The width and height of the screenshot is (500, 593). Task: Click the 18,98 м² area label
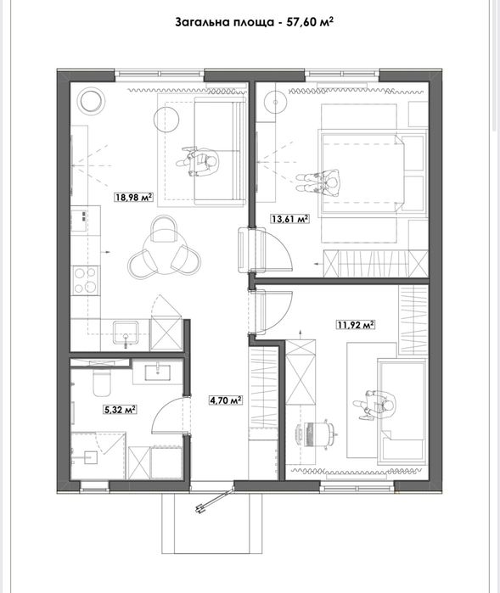134,197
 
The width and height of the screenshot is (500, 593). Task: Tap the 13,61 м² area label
289,219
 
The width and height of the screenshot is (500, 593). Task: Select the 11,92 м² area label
356,324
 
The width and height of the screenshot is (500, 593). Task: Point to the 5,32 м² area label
120,409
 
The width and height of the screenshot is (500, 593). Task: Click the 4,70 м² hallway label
226,400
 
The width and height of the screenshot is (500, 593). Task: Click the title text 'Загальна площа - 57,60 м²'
254,22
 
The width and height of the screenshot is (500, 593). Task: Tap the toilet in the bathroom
101,382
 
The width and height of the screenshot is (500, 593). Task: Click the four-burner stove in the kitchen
86,280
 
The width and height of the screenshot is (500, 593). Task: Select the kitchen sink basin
126,332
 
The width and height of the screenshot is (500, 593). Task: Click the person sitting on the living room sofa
198,161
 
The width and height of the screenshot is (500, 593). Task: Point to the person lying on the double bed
318,182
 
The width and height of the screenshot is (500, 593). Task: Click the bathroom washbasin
157,372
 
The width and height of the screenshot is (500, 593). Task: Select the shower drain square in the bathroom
90,458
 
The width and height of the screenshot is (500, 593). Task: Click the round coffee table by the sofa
166,119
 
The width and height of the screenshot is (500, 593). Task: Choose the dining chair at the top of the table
164,228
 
